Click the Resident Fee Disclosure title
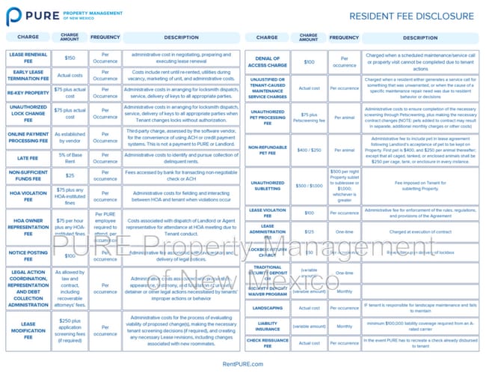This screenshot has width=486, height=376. coord(411,16)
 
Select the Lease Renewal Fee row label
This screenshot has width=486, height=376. coord(28,57)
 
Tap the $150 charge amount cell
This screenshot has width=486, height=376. coord(70,57)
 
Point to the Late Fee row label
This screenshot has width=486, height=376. coord(28,158)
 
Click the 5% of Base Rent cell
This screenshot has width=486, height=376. coord(70,158)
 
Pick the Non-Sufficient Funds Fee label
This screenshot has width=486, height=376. coord(28,175)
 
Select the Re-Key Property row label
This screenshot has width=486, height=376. coord(28,93)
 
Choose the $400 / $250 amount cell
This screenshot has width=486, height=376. coord(308,150)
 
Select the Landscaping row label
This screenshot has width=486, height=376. coord(267,307)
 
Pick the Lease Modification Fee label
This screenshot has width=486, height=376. coord(28,329)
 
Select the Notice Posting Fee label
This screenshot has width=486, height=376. coord(28,254)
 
